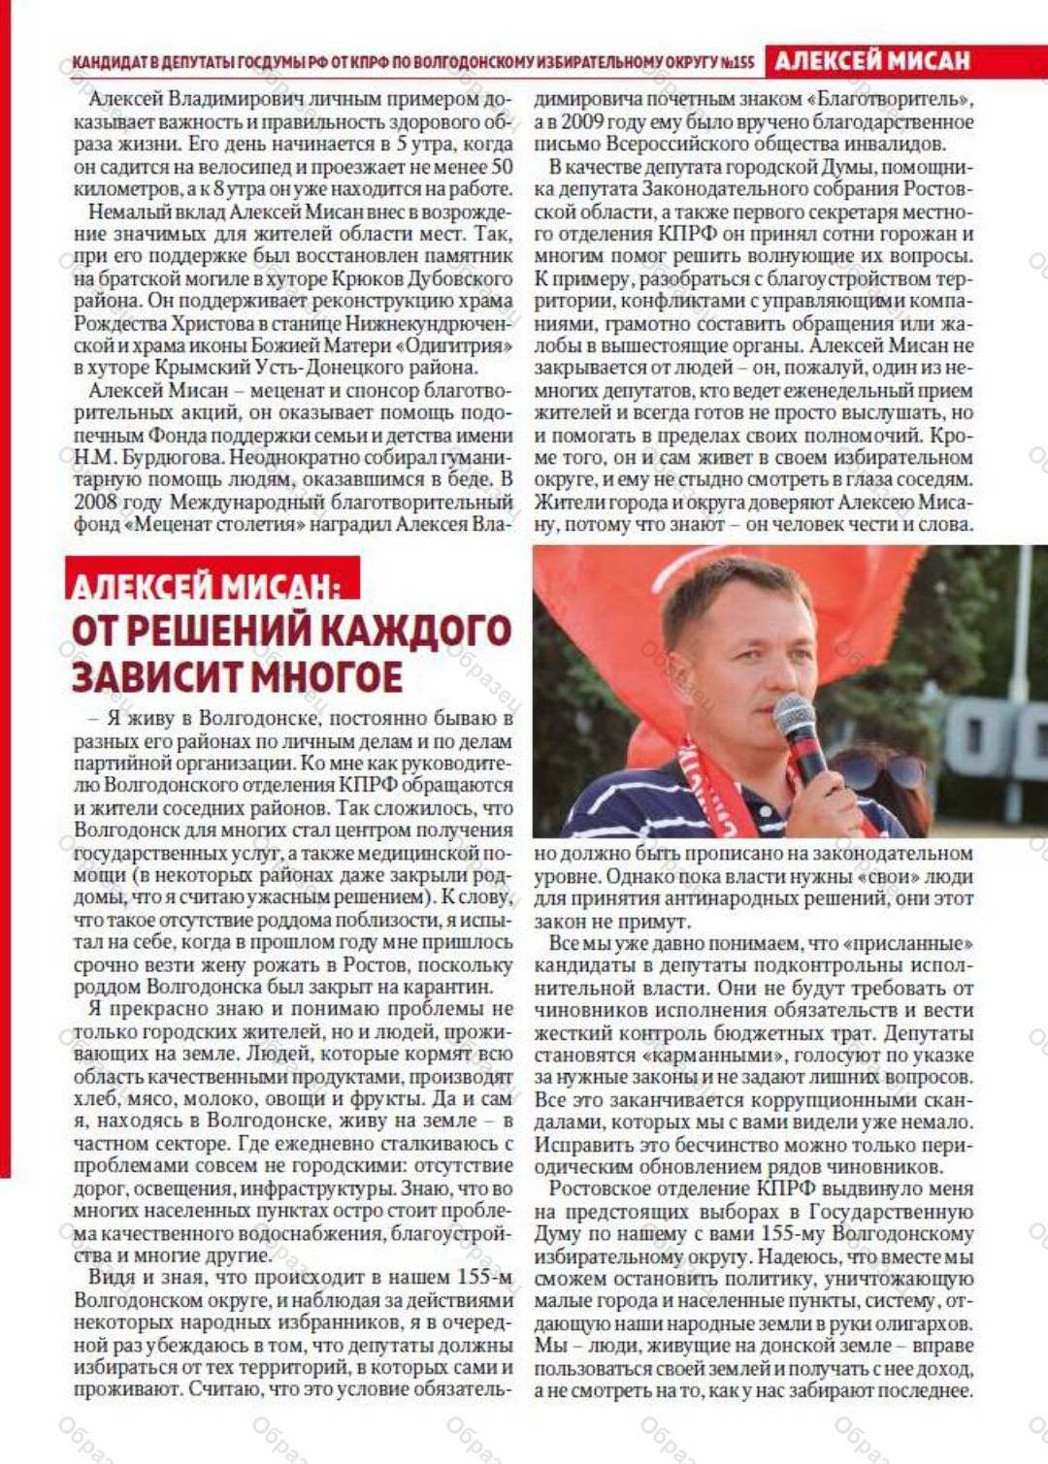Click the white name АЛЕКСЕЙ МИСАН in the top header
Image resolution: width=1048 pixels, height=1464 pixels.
tap(872, 61)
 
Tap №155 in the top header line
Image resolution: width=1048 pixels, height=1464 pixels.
tap(737, 62)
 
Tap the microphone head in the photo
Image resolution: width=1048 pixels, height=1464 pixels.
tap(794, 719)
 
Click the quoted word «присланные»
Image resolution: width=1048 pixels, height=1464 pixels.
tap(907, 943)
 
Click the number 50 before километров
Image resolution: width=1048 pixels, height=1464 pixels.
tap(502, 167)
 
